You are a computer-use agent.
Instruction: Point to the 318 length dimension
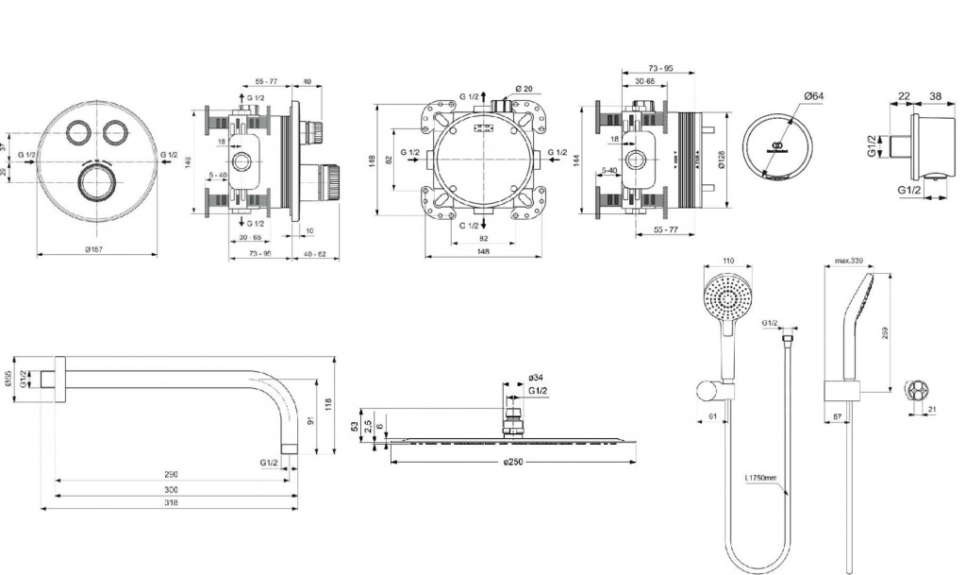tap(171, 504)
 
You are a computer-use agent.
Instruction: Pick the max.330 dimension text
tap(850, 261)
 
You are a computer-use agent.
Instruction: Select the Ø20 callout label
tap(525, 88)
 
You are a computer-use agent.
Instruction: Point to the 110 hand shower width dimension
tap(727, 261)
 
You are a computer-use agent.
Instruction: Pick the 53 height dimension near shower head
tap(356, 425)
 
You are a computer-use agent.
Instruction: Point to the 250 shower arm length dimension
tap(171, 474)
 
